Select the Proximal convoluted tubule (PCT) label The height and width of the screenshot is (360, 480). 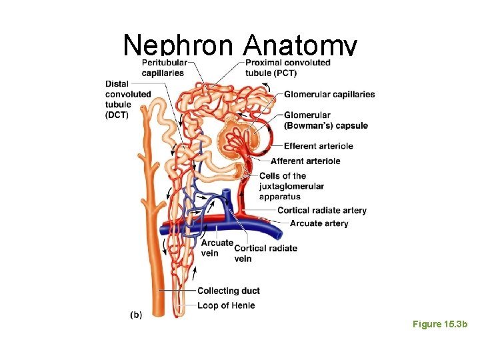(288, 68)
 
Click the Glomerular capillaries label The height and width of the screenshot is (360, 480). (329, 94)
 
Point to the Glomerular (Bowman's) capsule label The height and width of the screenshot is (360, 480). (325, 121)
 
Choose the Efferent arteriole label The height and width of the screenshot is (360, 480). (318, 146)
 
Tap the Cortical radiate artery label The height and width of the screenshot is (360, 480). (322, 211)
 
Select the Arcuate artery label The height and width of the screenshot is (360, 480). (319, 223)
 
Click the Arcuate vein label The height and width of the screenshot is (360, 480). (217, 247)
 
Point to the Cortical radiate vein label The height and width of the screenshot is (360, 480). (265, 253)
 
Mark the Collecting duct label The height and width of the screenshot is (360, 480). (229, 291)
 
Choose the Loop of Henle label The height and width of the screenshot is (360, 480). (226, 305)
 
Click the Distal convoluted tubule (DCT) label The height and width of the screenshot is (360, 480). (128, 99)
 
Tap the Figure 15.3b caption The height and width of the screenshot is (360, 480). (440, 324)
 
